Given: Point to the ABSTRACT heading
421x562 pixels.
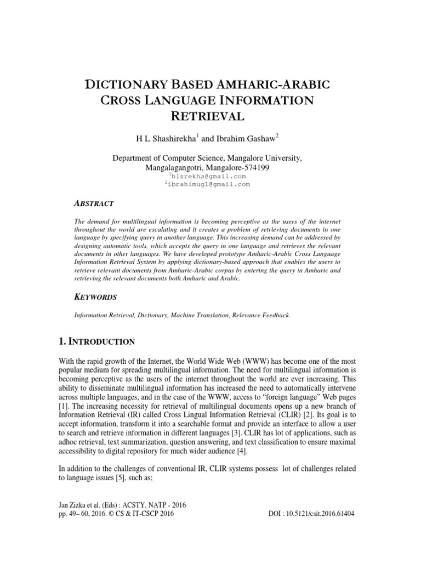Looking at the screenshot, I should [94, 203].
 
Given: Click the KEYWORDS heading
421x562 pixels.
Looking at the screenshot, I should [95, 297].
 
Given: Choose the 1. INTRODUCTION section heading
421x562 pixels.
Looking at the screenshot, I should [96, 342].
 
